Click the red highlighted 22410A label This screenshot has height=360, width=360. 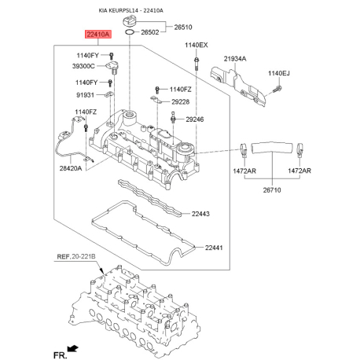point(98,35)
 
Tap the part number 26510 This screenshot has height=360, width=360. point(182,26)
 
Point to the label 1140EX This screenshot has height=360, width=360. point(196,46)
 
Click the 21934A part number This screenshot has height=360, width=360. point(234,59)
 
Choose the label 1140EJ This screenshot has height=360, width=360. point(278,73)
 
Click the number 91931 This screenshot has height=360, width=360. point(86,95)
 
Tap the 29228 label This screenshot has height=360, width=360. point(182,102)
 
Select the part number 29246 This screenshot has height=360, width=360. point(194,119)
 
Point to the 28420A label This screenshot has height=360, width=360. point(71,167)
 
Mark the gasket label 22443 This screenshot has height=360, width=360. point(201,213)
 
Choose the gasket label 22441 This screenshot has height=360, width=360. point(215,248)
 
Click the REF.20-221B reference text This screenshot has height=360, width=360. point(76,256)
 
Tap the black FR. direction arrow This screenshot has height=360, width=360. point(73,348)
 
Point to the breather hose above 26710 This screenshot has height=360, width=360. point(273,149)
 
